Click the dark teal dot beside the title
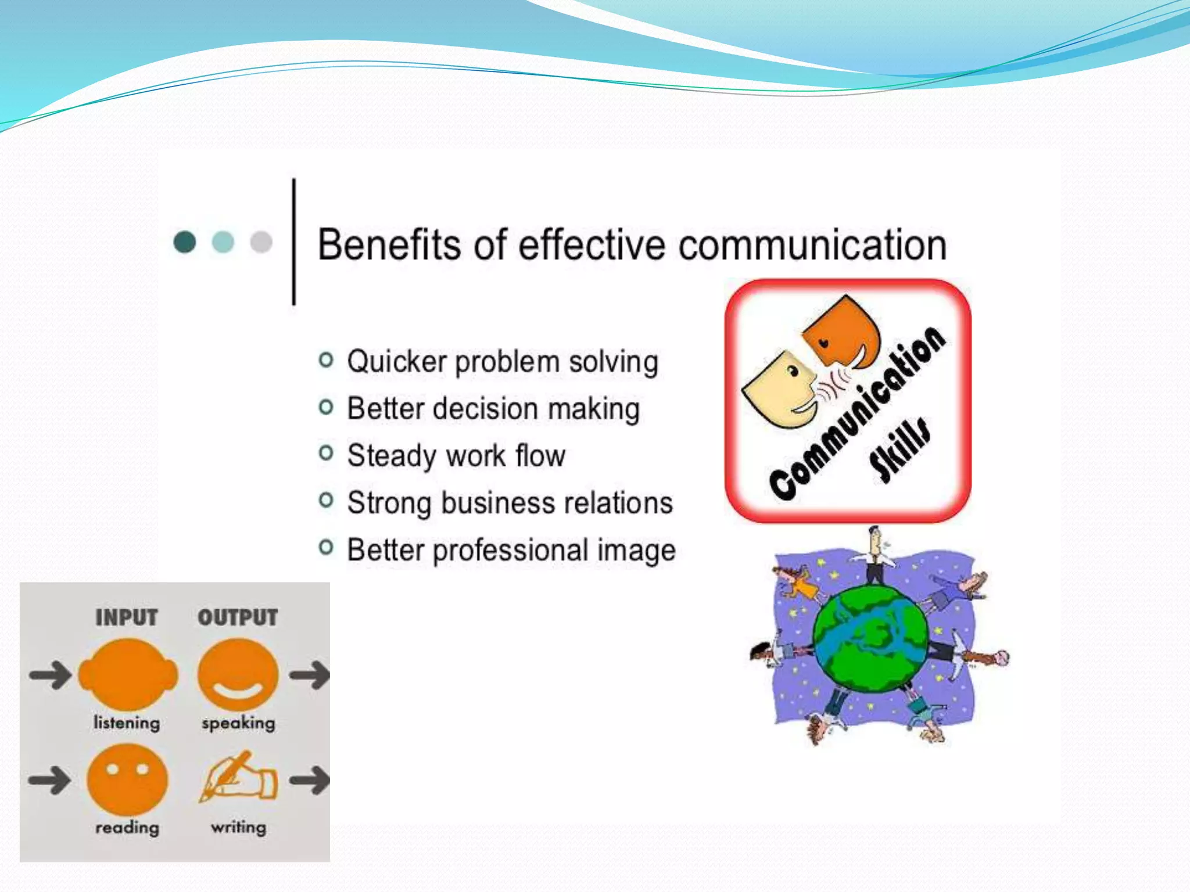coord(185,242)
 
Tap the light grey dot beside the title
coord(261,242)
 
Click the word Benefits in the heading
coord(390,244)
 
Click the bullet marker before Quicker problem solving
coord(326,360)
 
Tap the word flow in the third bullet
coord(540,455)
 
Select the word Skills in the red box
coord(899,451)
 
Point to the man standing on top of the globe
coord(874,555)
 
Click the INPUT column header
coord(127,617)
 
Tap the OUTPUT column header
coord(238,617)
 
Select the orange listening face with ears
coord(128,674)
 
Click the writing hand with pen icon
coord(239,777)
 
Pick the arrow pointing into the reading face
coord(50,779)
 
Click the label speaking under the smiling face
coord(238,723)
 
